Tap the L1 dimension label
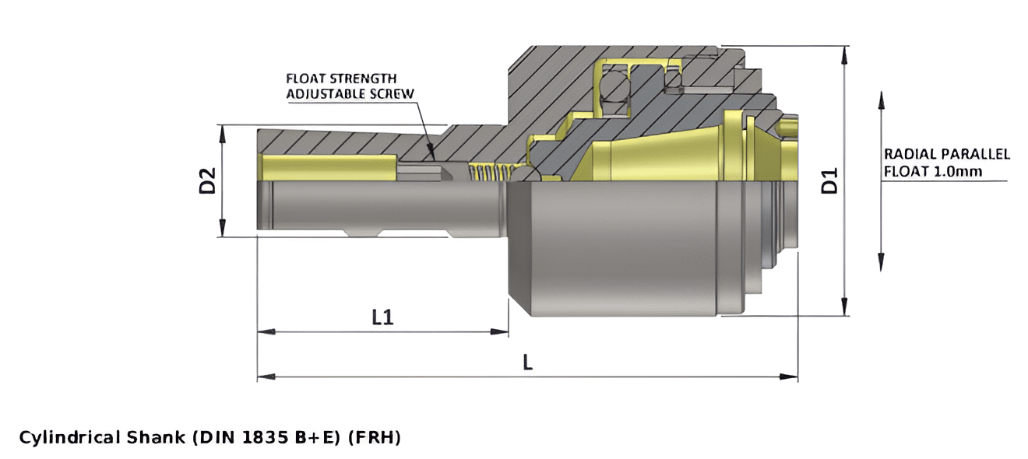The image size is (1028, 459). pos(382,317)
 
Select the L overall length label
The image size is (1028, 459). pos(527,363)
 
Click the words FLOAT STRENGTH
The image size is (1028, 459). pos(341,79)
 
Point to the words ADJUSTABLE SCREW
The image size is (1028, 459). pos(350,93)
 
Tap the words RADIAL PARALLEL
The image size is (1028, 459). pos(947,154)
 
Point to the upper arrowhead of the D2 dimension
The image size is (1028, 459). pos(223,130)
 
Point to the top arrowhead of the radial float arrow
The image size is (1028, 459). pos(881,97)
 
